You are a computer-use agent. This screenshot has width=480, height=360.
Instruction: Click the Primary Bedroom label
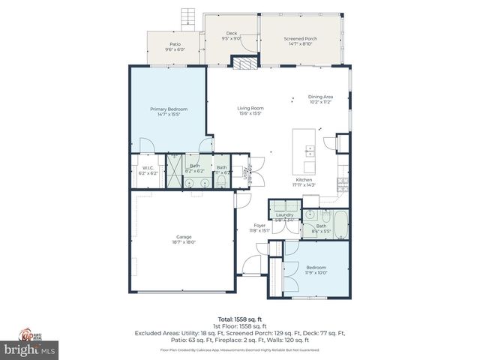point(167,109)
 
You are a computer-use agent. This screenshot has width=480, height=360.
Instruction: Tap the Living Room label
point(250,108)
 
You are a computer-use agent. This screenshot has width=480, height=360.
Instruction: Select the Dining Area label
point(322,96)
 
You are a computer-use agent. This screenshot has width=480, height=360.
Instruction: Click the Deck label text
point(232,34)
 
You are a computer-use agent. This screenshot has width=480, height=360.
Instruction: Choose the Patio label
point(175,44)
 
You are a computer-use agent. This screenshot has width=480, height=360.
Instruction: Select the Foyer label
point(259,226)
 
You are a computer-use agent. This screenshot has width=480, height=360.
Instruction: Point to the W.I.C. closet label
point(148,168)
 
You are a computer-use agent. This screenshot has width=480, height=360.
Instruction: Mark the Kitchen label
point(303,180)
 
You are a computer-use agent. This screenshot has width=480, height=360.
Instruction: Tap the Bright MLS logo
point(29,349)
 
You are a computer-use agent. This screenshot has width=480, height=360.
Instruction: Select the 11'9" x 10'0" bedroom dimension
point(315,273)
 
